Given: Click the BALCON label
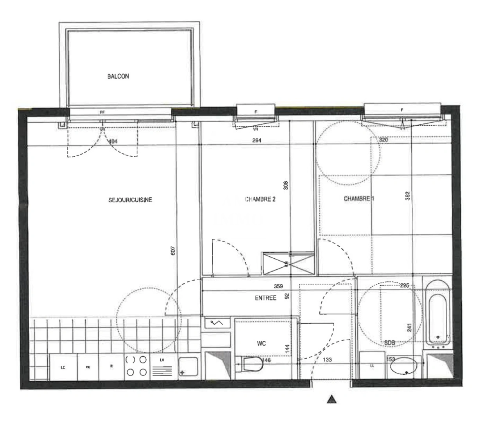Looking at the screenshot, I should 118,77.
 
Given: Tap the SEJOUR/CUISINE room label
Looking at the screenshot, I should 130,200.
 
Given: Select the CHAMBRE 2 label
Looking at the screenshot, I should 260,199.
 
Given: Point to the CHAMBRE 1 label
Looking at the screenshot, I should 359,199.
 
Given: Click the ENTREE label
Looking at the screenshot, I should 265,298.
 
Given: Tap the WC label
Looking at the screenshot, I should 262,343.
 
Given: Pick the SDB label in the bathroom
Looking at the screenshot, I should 389,343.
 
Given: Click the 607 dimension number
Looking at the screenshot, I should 173,250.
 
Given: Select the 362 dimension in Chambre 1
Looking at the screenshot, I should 407,195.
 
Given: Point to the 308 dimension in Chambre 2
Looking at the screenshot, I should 285,185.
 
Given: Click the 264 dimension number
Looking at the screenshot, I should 256,140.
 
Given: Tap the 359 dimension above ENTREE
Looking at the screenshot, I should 278,286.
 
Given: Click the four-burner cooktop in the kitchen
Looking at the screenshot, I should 136,366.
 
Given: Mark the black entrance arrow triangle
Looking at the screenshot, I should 332,399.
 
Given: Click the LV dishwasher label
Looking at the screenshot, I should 162,359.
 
